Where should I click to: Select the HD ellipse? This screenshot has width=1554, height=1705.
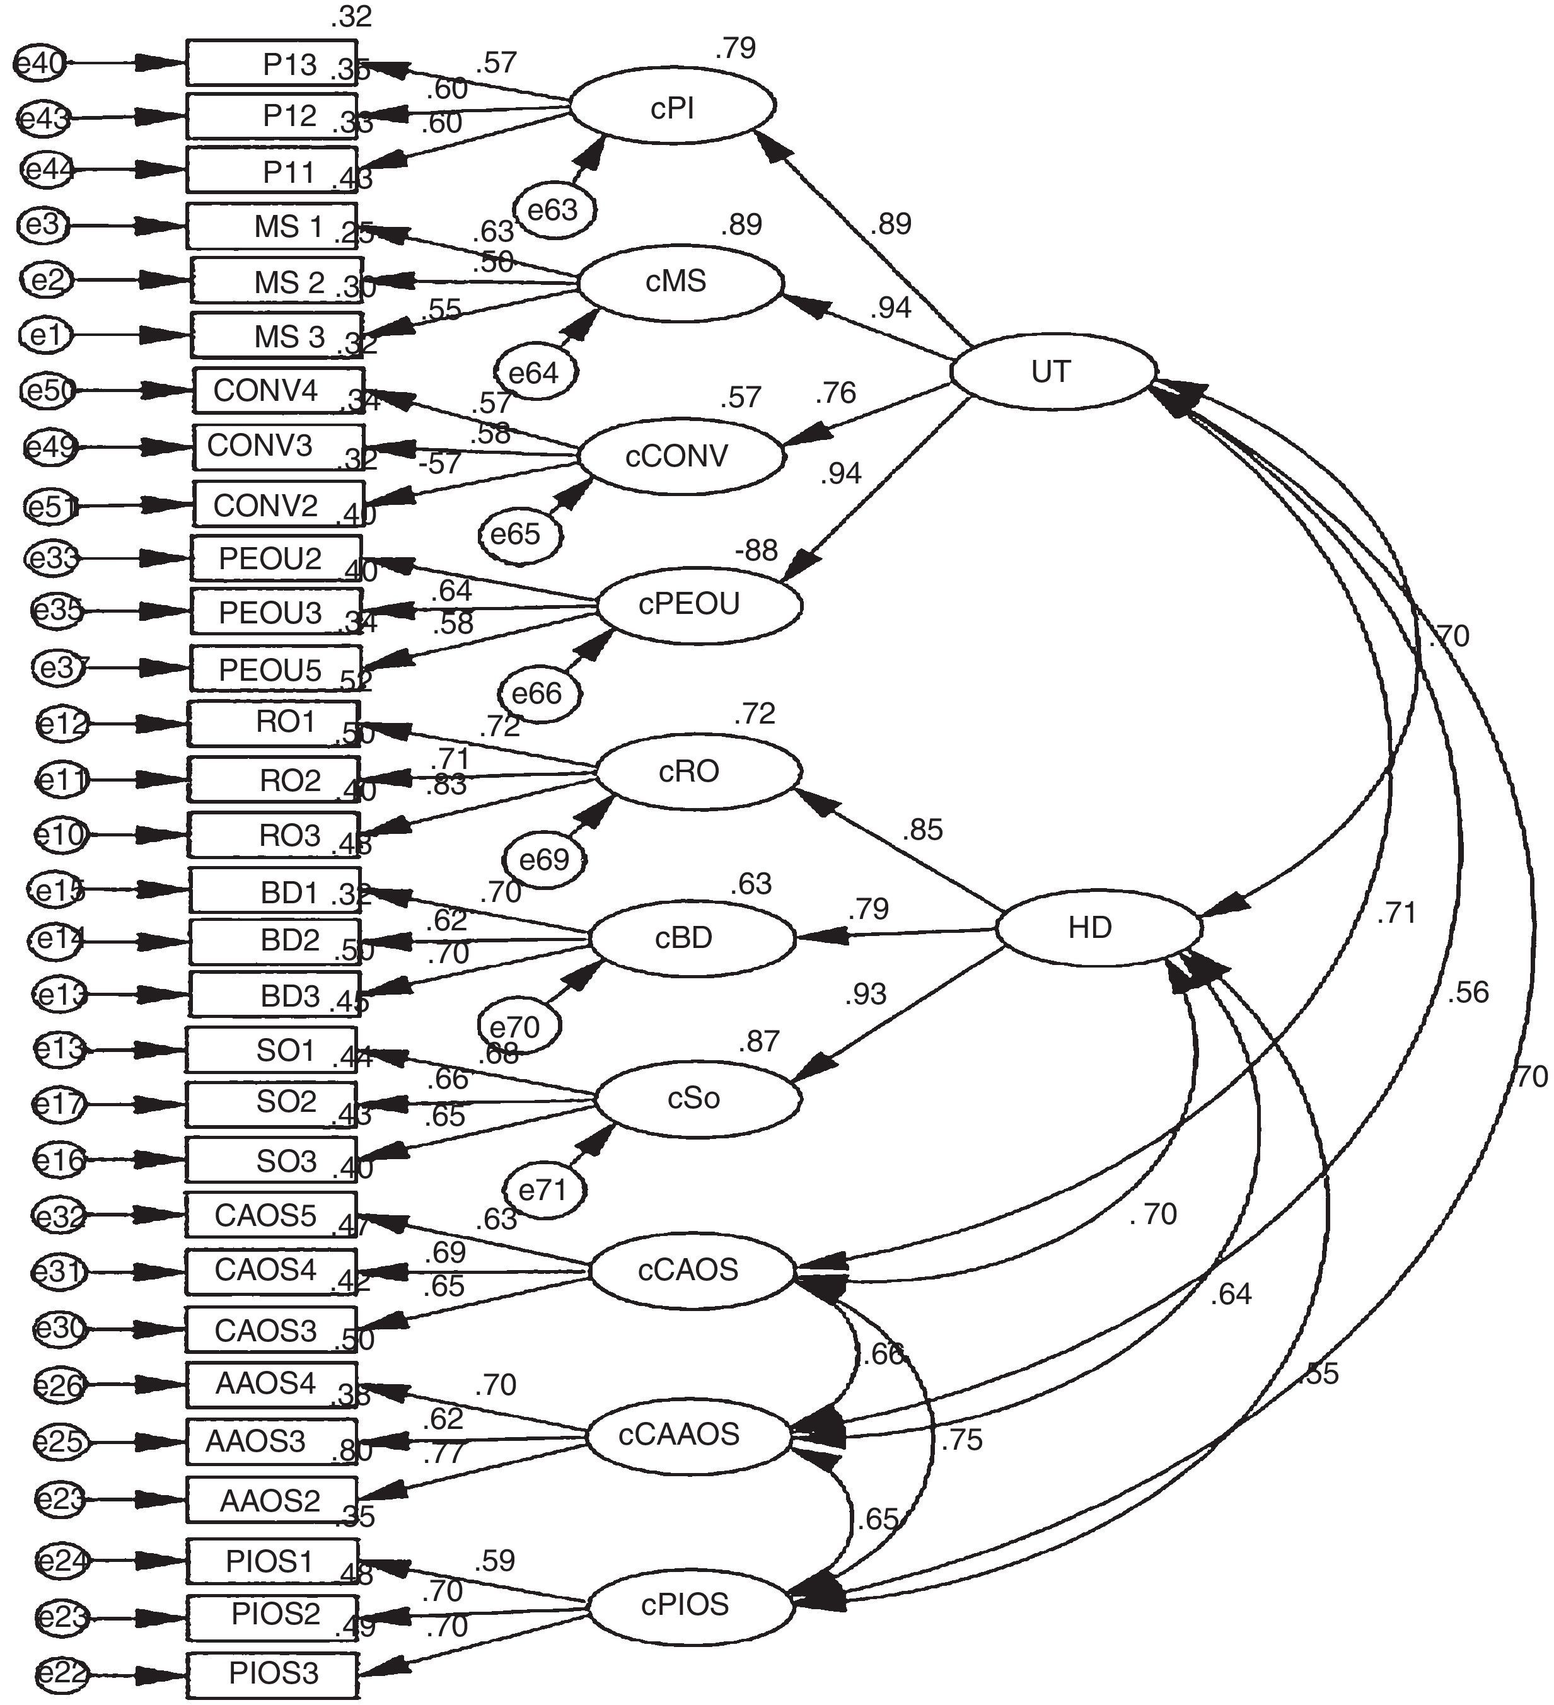1098,928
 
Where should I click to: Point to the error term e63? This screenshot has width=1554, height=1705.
554,209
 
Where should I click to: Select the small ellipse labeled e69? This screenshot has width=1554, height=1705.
544,860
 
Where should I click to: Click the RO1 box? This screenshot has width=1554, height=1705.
273,722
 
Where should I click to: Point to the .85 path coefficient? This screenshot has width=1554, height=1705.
922,829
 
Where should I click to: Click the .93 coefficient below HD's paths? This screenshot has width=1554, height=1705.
866,995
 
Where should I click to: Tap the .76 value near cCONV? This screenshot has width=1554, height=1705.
836,393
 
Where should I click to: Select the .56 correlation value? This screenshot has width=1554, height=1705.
1468,992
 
